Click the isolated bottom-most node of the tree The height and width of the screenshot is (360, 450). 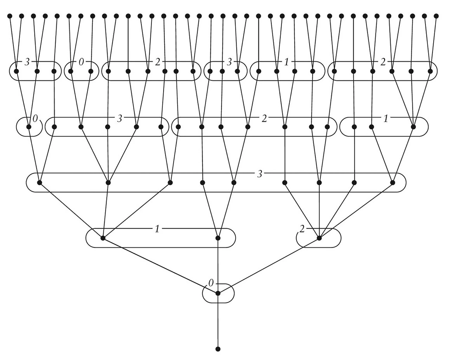(x=218, y=349)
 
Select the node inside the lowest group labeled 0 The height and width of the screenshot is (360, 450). (x=218, y=293)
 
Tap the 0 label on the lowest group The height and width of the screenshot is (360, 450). (x=211, y=283)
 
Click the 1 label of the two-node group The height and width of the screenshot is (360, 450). (x=157, y=229)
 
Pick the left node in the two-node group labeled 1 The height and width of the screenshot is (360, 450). (x=103, y=238)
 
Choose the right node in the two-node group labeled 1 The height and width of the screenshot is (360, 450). (x=218, y=238)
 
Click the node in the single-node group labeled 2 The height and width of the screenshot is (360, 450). (x=319, y=238)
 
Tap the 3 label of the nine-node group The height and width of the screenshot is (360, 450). (x=259, y=174)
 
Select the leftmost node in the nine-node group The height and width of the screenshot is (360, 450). (x=39, y=183)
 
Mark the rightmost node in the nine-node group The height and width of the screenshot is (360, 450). (x=393, y=183)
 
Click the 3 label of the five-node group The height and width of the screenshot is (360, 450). (x=120, y=118)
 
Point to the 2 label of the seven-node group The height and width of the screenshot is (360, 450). (x=264, y=118)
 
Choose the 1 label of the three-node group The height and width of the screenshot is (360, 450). (x=386, y=118)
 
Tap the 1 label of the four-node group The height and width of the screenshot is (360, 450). (x=286, y=62)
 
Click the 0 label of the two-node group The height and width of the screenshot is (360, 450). (x=81, y=62)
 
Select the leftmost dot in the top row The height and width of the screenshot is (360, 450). (x=10, y=16)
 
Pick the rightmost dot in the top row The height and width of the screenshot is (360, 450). (x=436, y=16)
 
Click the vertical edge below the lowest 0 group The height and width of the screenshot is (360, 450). (x=218, y=324)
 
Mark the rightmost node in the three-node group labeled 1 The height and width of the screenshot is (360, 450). (x=413, y=127)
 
